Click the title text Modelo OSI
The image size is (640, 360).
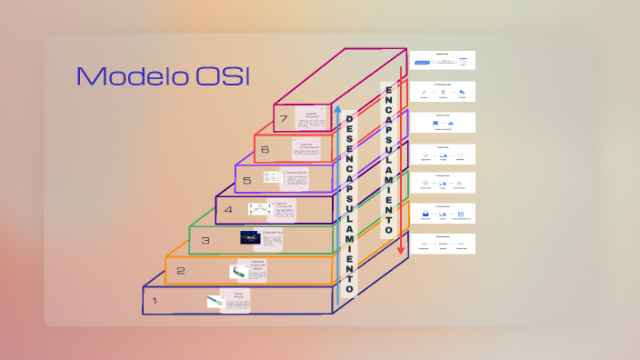(163, 76)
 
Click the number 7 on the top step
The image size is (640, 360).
(285, 119)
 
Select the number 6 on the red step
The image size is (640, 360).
(265, 150)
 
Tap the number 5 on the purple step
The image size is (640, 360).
(246, 181)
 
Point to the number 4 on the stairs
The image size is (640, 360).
(228, 210)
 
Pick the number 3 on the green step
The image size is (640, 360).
(205, 241)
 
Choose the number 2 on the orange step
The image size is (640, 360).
(181, 271)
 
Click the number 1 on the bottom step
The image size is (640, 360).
(155, 301)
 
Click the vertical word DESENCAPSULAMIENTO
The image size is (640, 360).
(349, 205)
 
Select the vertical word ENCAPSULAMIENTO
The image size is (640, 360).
(388, 159)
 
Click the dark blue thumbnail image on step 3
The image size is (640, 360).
(251, 238)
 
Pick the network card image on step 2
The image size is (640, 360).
(237, 271)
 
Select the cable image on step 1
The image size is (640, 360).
(215, 301)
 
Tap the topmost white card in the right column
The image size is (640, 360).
(442, 61)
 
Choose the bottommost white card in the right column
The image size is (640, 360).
(442, 245)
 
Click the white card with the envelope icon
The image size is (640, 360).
(442, 214)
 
